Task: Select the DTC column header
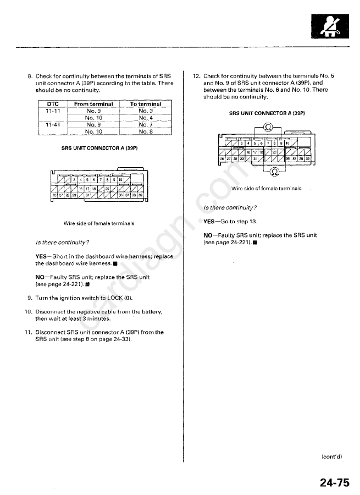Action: (x=53, y=104)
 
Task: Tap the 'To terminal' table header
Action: (x=146, y=104)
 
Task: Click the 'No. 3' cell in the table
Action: (x=146, y=111)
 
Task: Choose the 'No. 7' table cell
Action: (x=146, y=124)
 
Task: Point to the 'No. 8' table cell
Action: (x=146, y=131)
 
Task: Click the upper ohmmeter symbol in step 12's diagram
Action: (x=268, y=127)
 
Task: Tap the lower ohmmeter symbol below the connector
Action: (x=275, y=170)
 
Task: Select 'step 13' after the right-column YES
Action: (x=246, y=222)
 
